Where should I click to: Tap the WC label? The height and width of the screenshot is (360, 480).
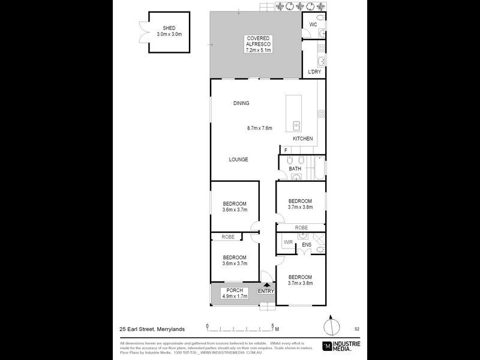pyautogui.click(x=313, y=25)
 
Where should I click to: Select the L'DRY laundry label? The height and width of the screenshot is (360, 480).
pyautogui.click(x=314, y=72)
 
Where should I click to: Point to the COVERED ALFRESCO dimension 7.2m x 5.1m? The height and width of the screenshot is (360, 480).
pyautogui.click(x=258, y=50)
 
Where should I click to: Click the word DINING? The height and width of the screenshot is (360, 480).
pyautogui.click(x=241, y=103)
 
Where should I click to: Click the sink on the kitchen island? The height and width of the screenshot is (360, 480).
pyautogui.click(x=296, y=125)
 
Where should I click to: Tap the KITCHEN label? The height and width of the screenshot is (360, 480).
pyautogui.click(x=302, y=139)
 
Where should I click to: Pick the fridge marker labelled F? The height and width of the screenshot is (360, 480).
pyautogui.click(x=286, y=150)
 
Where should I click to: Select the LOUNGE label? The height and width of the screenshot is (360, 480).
pyautogui.click(x=238, y=160)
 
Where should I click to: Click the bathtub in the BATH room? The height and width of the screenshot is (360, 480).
pyautogui.click(x=317, y=169)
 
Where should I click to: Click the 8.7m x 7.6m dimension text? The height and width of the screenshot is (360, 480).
pyautogui.click(x=260, y=128)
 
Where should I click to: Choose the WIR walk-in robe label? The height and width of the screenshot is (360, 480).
pyautogui.click(x=287, y=242)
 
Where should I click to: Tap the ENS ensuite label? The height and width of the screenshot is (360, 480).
pyautogui.click(x=306, y=245)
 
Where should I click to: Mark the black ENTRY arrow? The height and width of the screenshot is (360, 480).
pyautogui.click(x=266, y=285)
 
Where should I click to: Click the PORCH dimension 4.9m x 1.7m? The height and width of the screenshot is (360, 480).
pyautogui.click(x=235, y=296)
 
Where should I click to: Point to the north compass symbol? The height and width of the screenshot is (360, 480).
pyautogui.click(x=329, y=328)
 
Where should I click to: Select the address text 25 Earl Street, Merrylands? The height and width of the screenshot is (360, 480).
pyautogui.click(x=151, y=329)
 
